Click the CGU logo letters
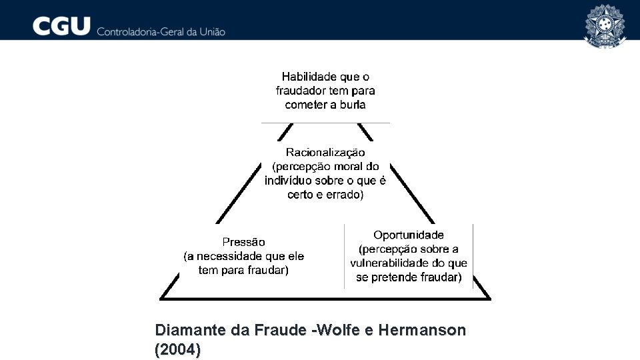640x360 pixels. (61, 27)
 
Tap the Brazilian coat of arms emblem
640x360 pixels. (605, 25)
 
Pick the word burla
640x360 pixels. (353, 105)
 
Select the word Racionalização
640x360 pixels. (325, 153)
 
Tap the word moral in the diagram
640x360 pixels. (347, 167)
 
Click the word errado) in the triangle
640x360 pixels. (344, 195)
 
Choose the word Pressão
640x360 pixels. (243, 242)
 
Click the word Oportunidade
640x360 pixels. (409, 235)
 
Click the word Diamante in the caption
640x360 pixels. (185, 330)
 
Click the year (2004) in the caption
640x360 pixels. (177, 349)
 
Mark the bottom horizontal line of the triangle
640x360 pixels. (325, 298)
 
